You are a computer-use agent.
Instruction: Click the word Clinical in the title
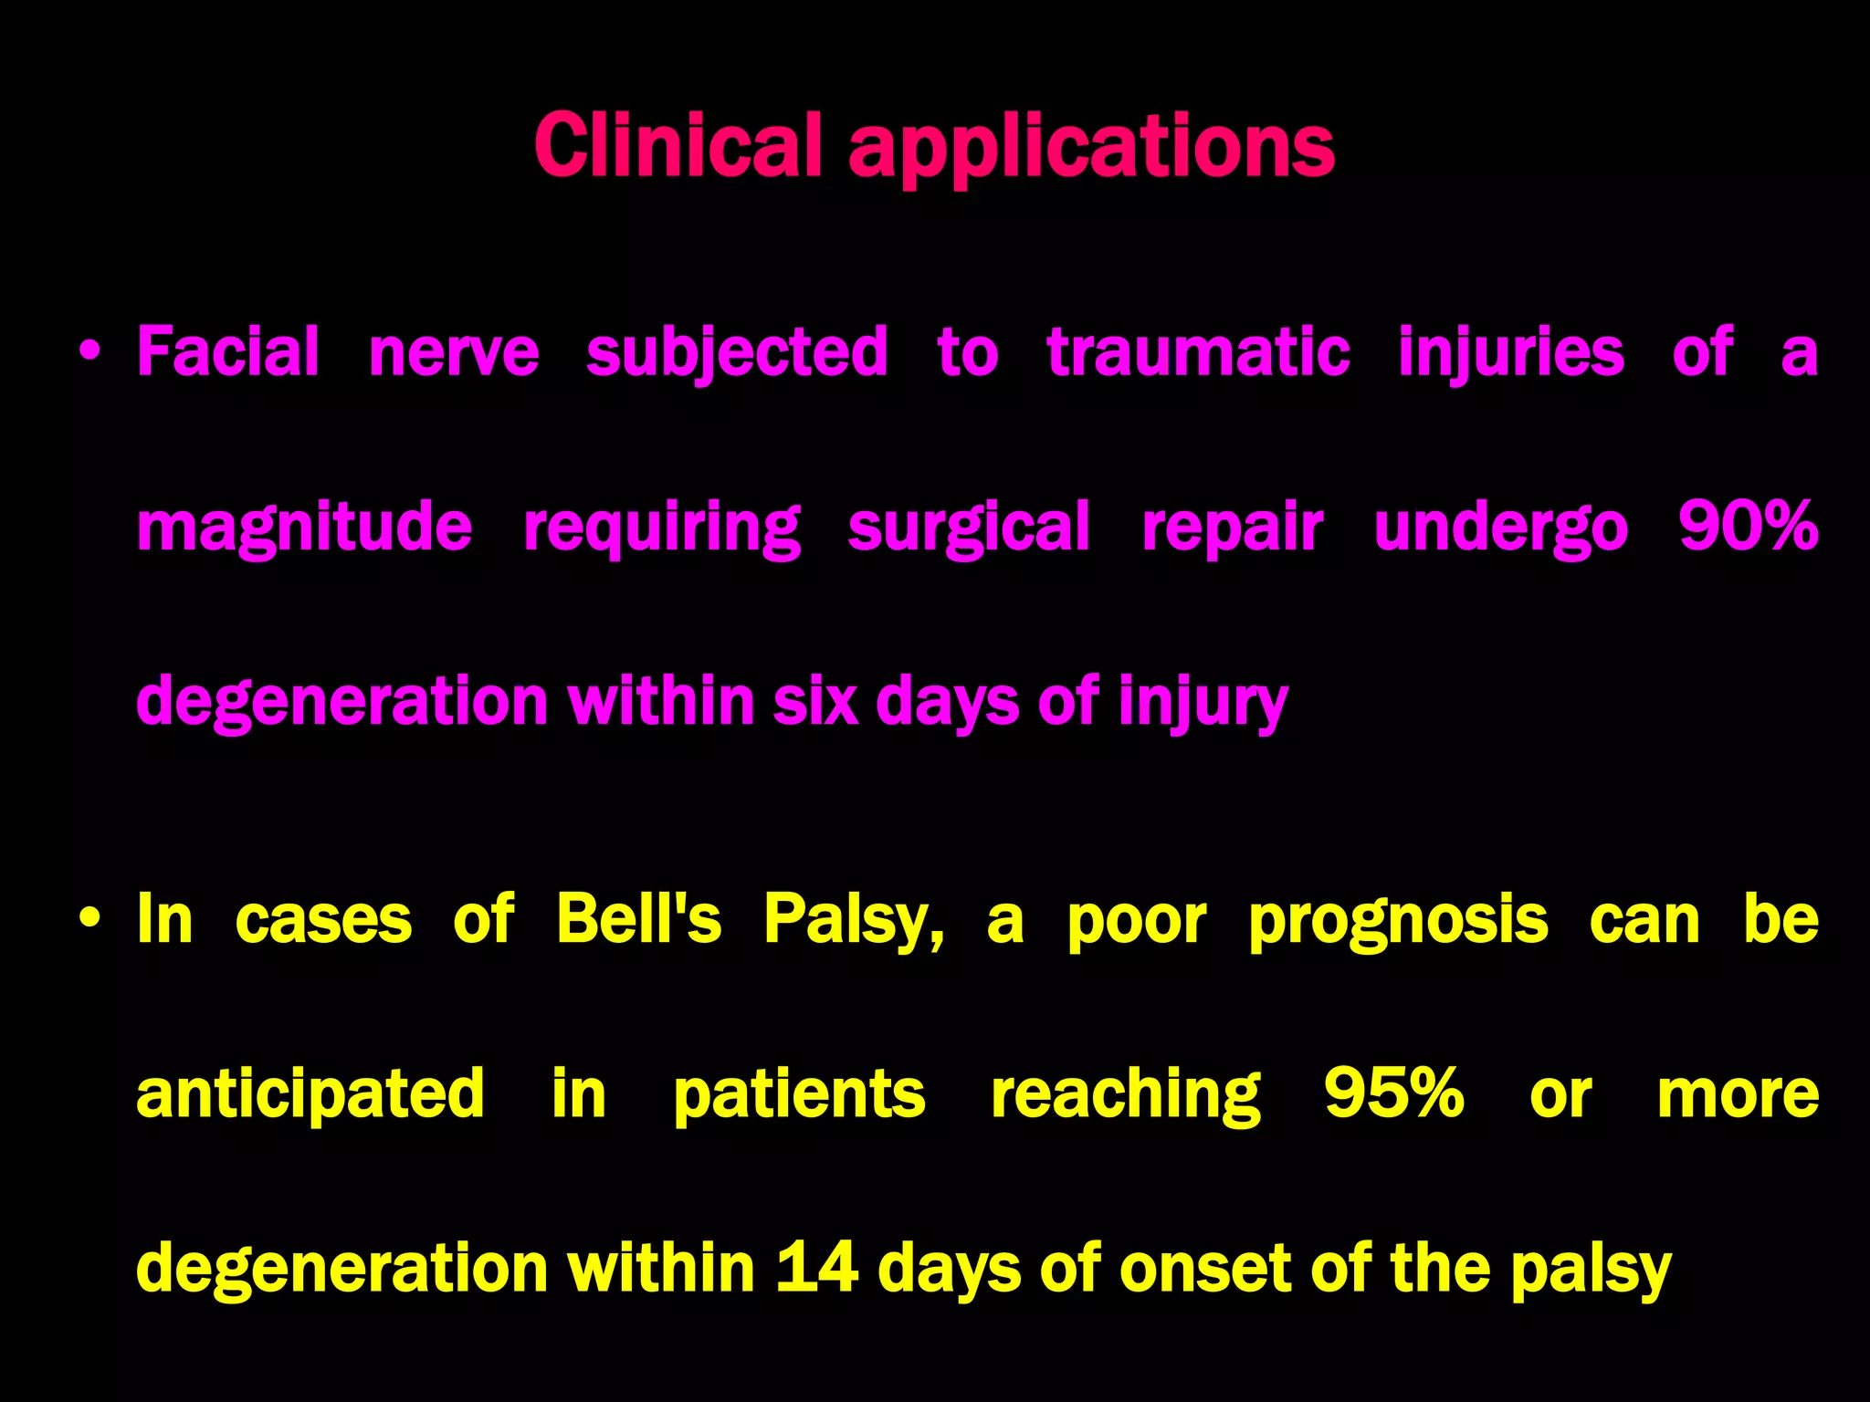(680, 145)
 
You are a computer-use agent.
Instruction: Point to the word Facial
(228, 351)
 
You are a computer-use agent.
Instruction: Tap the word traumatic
(1198, 351)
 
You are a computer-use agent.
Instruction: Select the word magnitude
(304, 528)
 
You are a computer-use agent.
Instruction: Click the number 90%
(1748, 527)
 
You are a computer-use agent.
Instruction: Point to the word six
(815, 702)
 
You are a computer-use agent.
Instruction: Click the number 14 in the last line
(817, 1268)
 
